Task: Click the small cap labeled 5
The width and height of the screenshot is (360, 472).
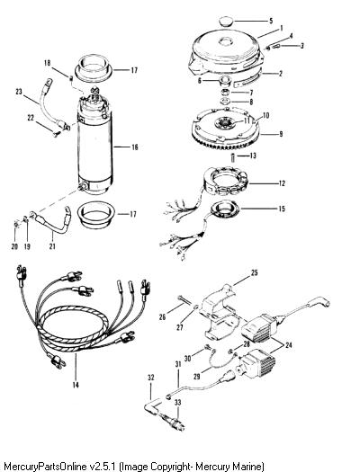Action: click(225, 22)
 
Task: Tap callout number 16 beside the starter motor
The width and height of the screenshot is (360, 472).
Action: click(134, 147)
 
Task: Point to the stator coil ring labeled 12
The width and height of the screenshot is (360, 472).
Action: click(225, 183)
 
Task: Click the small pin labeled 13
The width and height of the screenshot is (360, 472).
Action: click(233, 157)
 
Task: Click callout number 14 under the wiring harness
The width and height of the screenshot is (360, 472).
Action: click(76, 385)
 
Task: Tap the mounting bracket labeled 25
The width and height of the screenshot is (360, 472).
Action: click(223, 312)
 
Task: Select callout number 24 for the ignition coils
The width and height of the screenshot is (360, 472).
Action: click(289, 345)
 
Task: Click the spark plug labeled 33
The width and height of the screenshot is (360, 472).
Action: click(176, 421)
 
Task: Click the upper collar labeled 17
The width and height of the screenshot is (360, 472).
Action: click(93, 70)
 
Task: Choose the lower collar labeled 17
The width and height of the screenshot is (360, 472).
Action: click(95, 214)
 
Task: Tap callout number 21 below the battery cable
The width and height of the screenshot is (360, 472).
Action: click(52, 246)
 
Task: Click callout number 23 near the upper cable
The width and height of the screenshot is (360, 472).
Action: click(19, 91)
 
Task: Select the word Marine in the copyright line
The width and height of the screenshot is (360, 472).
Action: click(249, 467)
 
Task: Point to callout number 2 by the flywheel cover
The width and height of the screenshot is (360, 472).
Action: click(280, 73)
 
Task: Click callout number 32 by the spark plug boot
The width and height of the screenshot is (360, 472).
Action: click(150, 378)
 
